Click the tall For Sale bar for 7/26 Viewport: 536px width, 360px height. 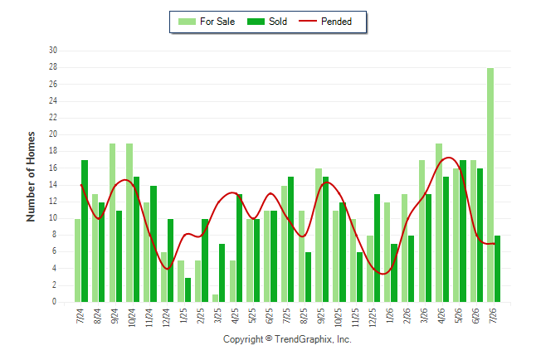click(490, 185)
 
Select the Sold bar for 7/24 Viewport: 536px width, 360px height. click(85, 231)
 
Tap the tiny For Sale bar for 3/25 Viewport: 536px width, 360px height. click(216, 298)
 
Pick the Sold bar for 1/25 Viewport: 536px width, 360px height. click(188, 290)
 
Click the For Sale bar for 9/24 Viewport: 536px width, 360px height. click(112, 222)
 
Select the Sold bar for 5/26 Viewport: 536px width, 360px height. click(463, 231)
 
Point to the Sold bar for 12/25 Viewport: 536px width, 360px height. click(377, 248)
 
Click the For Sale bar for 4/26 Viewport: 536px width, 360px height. click(439, 222)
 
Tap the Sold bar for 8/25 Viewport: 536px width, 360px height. click(308, 277)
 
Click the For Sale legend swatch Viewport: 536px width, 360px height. click(187, 22)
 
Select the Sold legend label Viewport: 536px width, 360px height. click(278, 22)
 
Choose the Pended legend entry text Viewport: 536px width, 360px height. click(336, 22)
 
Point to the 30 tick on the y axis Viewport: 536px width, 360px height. click(53, 51)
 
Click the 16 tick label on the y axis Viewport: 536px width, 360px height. click(53, 168)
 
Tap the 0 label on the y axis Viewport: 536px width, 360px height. click(54, 302)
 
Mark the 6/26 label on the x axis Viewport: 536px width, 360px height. click(475, 315)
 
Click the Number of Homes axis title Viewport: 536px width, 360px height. click(31, 177)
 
